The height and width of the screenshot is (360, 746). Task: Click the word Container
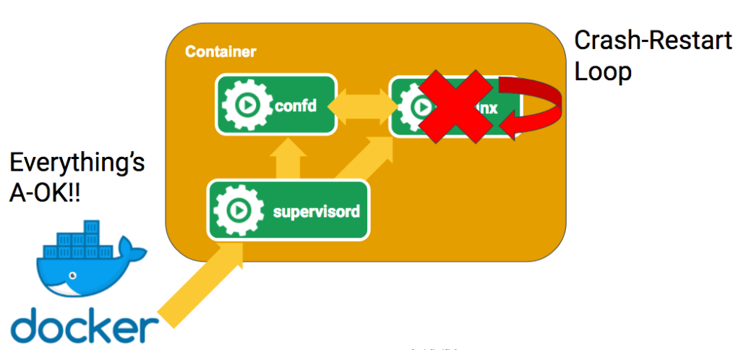click(x=220, y=52)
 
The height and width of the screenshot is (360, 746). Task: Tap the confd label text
click(x=296, y=106)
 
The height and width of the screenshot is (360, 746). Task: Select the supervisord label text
click(x=316, y=212)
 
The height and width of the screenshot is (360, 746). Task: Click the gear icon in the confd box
click(x=244, y=106)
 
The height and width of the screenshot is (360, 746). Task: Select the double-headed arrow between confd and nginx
click(x=364, y=106)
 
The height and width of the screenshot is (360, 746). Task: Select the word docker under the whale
click(x=85, y=328)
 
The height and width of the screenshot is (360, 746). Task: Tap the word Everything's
click(x=77, y=163)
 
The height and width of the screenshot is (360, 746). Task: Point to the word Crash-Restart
click(x=652, y=40)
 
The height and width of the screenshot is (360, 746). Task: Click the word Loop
click(x=603, y=72)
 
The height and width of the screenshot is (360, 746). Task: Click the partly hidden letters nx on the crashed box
click(x=506, y=106)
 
